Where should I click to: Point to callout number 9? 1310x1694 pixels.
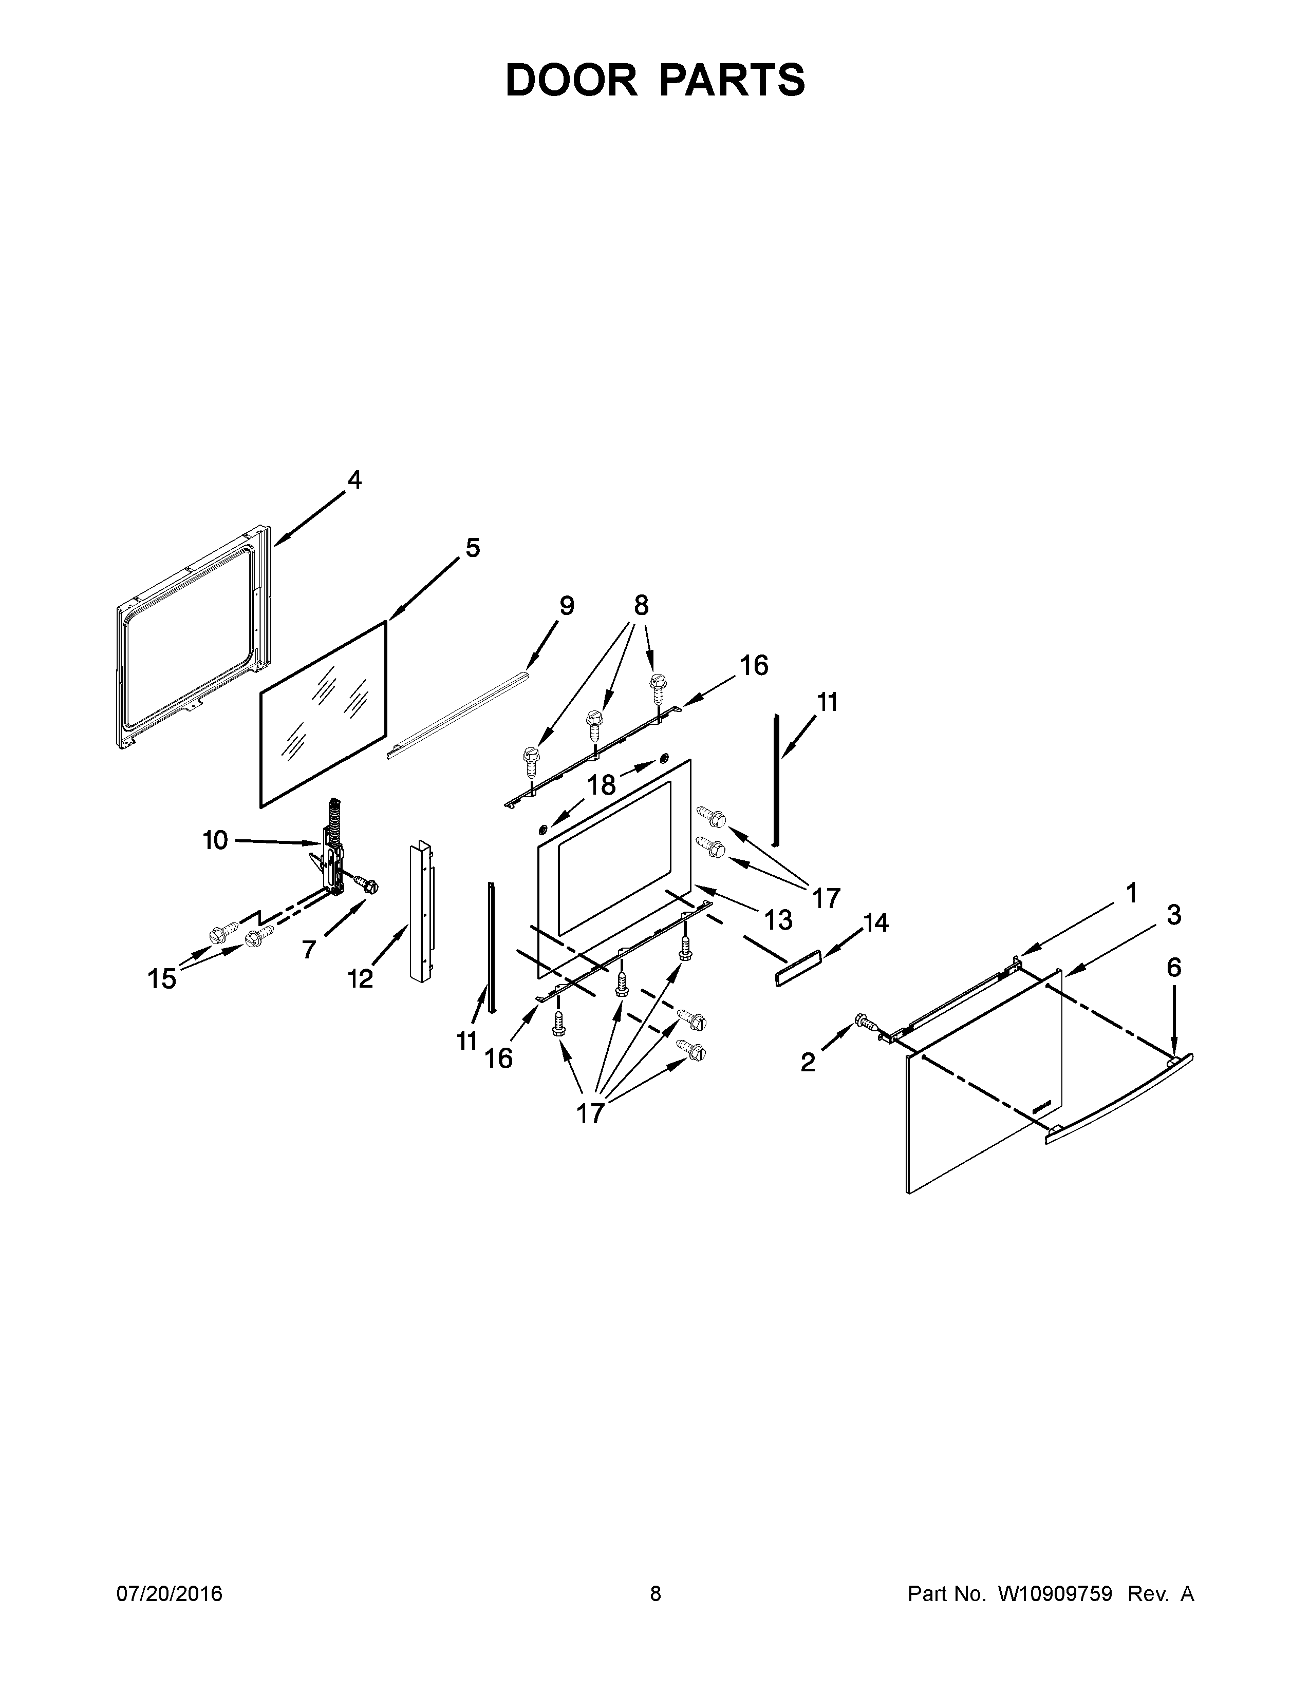[567, 606]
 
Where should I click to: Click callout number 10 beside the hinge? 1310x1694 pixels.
[215, 839]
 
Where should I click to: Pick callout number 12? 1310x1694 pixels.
[360, 979]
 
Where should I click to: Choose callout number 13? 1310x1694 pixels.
[778, 920]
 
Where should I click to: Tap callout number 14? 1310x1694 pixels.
[875, 923]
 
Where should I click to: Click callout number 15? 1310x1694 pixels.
[162, 979]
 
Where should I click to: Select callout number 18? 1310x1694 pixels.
[601, 785]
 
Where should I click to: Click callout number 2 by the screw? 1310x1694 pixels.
[808, 1063]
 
